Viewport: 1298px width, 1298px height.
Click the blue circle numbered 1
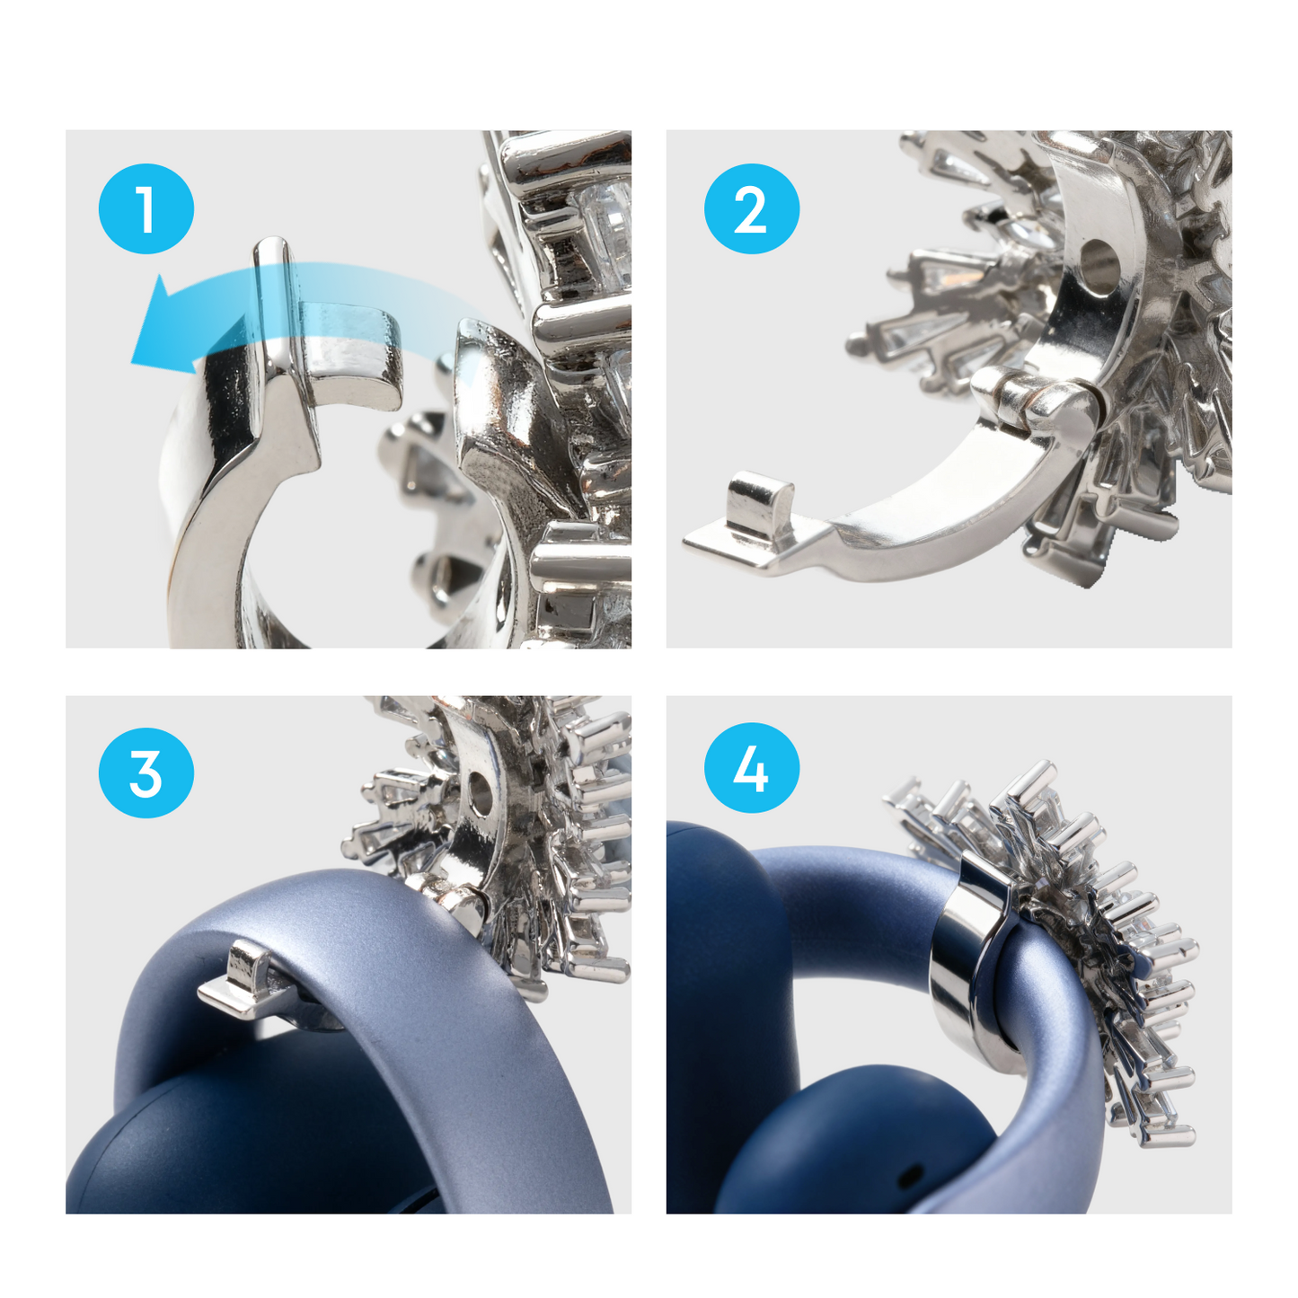(146, 208)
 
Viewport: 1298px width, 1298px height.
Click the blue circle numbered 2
(751, 208)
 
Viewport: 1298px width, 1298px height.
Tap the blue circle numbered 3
(146, 773)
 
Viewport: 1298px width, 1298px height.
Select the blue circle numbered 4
(751, 768)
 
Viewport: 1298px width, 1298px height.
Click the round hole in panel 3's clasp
(481, 795)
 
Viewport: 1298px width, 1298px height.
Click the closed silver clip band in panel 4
(966, 952)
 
